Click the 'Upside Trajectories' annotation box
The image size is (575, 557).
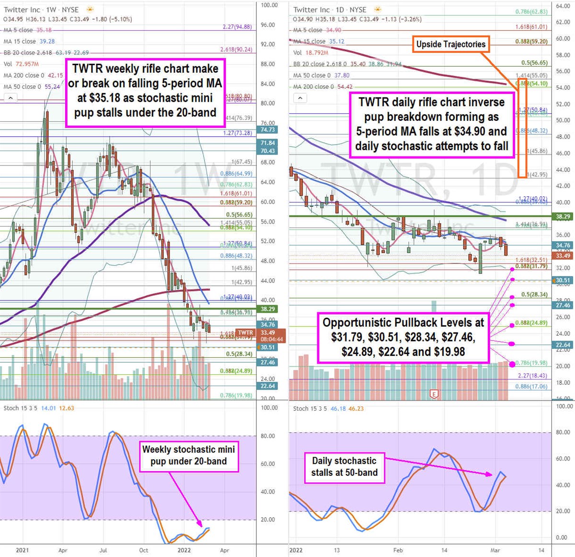(450, 44)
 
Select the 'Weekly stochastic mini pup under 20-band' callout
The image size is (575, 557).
(188, 455)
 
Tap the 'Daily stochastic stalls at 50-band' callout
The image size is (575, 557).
(344, 467)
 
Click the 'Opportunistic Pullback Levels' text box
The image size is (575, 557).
(403, 337)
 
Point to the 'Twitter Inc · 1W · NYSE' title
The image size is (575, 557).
(41, 10)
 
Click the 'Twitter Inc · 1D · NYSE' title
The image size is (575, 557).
(330, 10)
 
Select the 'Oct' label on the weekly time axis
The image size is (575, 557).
(143, 550)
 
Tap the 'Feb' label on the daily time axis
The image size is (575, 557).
(398, 550)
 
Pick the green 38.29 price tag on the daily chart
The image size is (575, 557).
(563, 216)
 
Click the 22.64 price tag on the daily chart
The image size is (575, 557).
(563, 345)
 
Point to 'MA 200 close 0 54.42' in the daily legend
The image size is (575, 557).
(322, 87)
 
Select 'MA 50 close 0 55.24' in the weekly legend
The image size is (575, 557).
(32, 87)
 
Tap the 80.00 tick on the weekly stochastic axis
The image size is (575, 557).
(268, 436)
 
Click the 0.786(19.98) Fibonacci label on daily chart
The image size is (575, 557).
(531, 363)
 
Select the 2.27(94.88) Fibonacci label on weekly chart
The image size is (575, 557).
(237, 27)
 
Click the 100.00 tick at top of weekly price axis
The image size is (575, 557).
(269, 5)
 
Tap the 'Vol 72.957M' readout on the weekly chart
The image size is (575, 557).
(21, 64)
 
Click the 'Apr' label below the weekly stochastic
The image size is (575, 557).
(63, 550)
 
